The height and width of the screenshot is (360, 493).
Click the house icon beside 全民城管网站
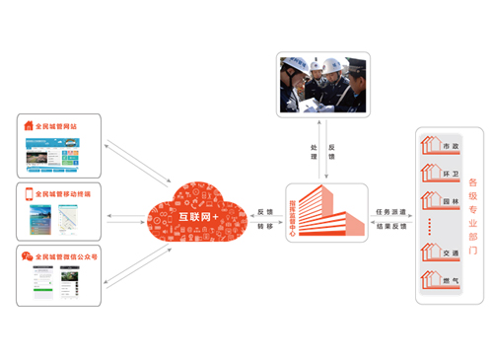[27, 126]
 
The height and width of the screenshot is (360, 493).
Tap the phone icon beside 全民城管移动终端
[28, 193]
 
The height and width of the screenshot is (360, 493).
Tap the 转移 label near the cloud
[263, 227]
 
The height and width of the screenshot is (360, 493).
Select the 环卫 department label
[450, 174]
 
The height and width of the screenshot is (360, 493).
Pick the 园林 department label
[450, 200]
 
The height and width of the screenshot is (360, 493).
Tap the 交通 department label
[450, 253]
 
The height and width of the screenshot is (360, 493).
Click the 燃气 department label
[450, 280]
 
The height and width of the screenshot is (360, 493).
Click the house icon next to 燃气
[431, 279]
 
